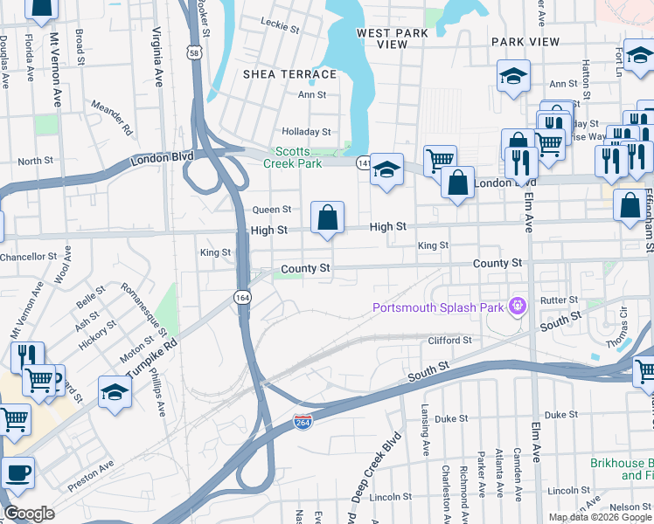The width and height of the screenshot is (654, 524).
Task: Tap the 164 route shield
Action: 242,297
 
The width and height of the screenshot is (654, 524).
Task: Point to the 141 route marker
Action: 363,162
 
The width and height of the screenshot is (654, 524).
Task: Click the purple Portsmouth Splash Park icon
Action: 518,307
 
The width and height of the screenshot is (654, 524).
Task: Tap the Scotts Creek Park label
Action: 293,156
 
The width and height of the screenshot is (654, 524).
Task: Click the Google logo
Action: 30,513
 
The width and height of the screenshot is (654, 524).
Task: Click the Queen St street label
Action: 271,210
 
